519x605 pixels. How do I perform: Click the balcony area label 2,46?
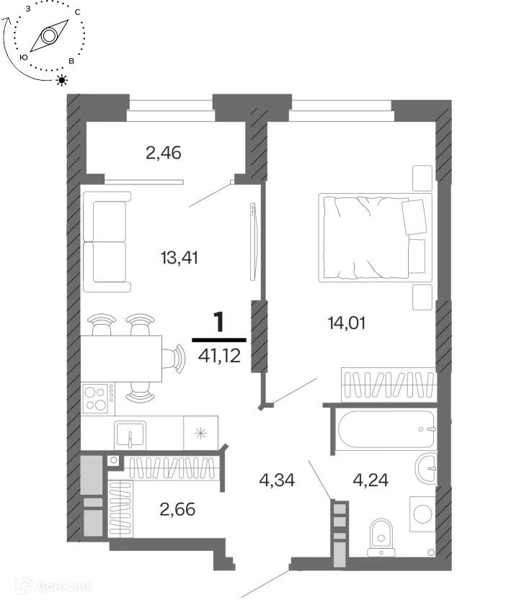164,153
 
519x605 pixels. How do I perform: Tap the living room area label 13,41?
179,258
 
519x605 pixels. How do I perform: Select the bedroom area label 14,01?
347,323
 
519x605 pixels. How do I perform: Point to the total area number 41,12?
219,356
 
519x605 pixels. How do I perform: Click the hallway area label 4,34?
277,480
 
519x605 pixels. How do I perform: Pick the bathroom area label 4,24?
371,480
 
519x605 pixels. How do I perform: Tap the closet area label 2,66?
177,510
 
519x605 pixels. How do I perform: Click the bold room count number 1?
219,322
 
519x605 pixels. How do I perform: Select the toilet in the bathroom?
381,538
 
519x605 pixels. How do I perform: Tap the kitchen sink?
130,435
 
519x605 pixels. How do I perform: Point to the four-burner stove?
99,398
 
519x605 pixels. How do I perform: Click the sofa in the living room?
107,242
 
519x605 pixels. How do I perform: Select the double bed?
375,238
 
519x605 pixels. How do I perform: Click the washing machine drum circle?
423,514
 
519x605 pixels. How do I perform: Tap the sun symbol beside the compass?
62,80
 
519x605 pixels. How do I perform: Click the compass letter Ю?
24,57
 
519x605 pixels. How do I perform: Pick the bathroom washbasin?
427,468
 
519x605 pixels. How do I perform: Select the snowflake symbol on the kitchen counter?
200,434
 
